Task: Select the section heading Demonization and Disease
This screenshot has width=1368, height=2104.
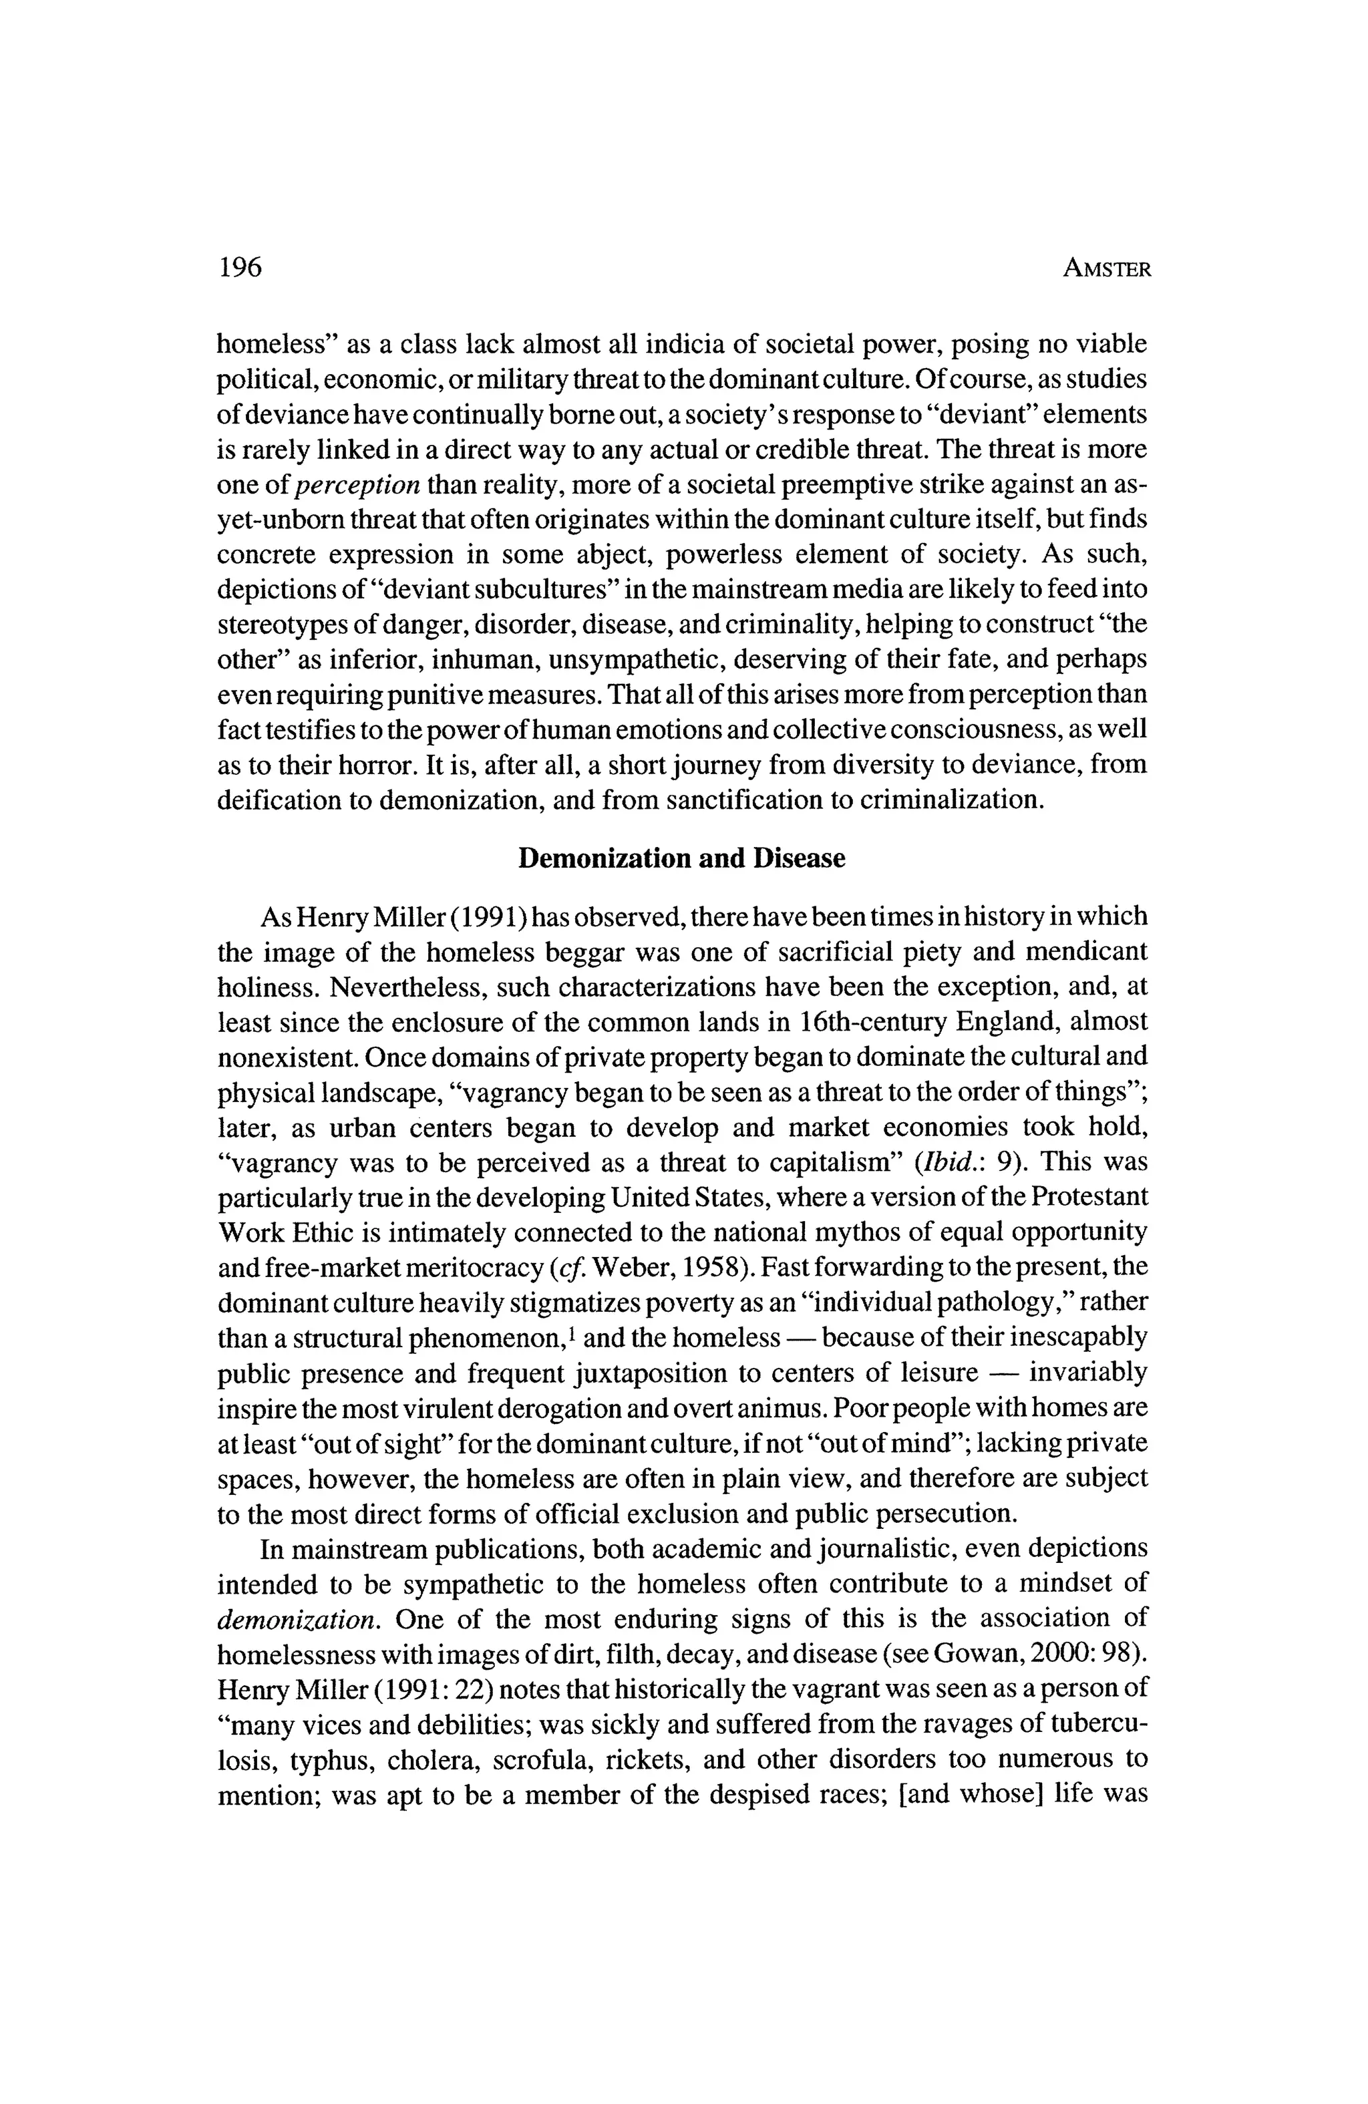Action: [681, 858]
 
